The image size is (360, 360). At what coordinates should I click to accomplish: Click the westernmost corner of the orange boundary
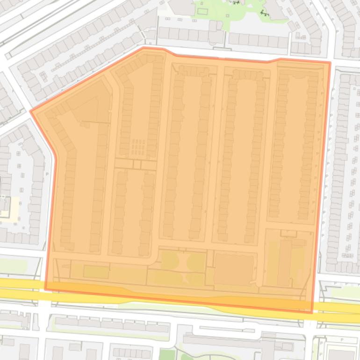pyautogui.click(x=31, y=111)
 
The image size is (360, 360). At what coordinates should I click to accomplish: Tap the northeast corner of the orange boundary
pyautogui.click(x=330, y=62)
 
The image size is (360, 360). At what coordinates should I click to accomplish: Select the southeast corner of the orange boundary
pyautogui.click(x=312, y=312)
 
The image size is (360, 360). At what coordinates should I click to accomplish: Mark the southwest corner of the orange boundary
pyautogui.click(x=45, y=289)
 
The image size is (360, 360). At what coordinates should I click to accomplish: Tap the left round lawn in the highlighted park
pyautogui.click(x=170, y=261)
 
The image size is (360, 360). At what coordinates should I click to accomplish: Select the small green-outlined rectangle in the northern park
pyautogui.click(x=202, y=11)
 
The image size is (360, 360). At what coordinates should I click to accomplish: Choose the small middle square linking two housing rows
pyautogui.click(x=137, y=165)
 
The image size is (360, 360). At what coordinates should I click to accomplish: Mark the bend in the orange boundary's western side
pyautogui.click(x=56, y=158)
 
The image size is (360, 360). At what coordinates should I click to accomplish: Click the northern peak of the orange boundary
pyautogui.click(x=144, y=47)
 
